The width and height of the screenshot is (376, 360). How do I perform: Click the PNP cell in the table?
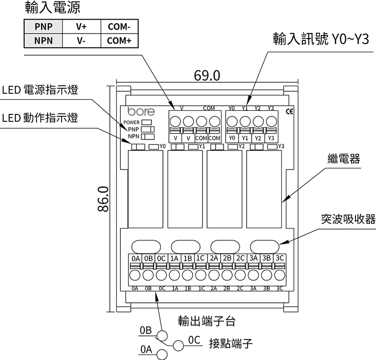43,27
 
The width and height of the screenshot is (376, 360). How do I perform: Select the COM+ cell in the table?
119,40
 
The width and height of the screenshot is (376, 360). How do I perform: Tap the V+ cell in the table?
81,27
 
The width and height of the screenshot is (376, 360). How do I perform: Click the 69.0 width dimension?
207,75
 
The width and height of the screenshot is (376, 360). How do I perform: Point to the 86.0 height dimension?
102,199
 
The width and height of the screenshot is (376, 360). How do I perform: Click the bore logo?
141,112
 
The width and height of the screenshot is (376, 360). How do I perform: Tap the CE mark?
289,111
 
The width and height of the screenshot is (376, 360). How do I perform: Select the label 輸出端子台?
207,320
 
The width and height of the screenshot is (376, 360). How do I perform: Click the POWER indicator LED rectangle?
147,122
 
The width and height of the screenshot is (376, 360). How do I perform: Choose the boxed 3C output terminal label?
280,258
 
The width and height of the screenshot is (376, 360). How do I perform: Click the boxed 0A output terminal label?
135,258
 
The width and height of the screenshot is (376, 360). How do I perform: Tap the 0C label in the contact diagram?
195,339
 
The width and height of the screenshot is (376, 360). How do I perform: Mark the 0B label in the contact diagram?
145,331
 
